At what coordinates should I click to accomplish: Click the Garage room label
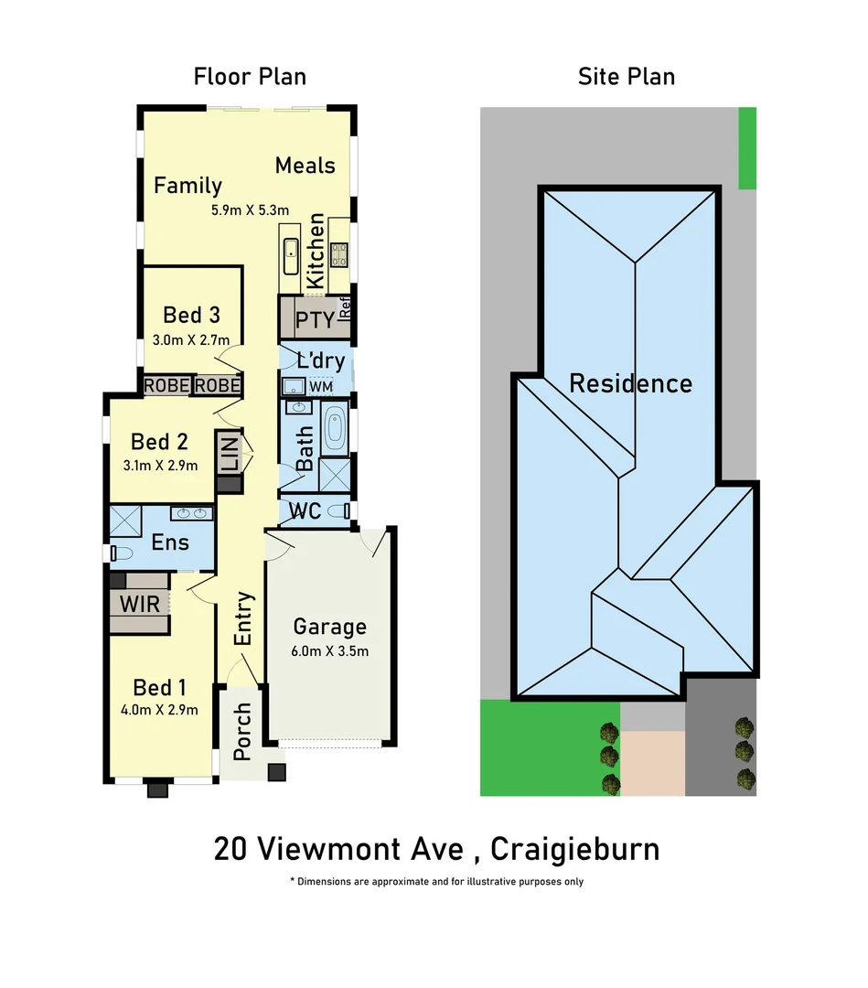pyautogui.click(x=329, y=628)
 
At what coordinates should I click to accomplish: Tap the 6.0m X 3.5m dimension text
pyautogui.click(x=329, y=651)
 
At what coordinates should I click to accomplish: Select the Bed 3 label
pyautogui.click(x=191, y=316)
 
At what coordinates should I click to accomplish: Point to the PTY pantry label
pyautogui.click(x=315, y=322)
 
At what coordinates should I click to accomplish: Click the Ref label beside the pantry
pyautogui.click(x=346, y=309)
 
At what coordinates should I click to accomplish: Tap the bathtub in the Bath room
pyautogui.click(x=335, y=432)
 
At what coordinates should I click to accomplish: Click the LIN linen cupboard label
pyautogui.click(x=229, y=454)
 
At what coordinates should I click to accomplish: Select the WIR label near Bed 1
pyautogui.click(x=140, y=604)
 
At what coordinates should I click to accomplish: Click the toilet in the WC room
pyautogui.click(x=340, y=510)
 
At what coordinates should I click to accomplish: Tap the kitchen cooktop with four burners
pyautogui.click(x=339, y=253)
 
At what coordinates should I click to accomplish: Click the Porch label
pyautogui.click(x=242, y=732)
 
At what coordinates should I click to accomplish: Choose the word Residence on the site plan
pyautogui.click(x=630, y=383)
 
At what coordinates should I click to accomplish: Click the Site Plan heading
pyautogui.click(x=627, y=77)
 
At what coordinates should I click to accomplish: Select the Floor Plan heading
pyautogui.click(x=250, y=77)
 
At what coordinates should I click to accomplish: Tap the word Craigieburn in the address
pyautogui.click(x=574, y=849)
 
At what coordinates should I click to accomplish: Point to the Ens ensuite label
pyautogui.click(x=170, y=542)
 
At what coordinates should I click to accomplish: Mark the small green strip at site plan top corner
pyautogui.click(x=747, y=147)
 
